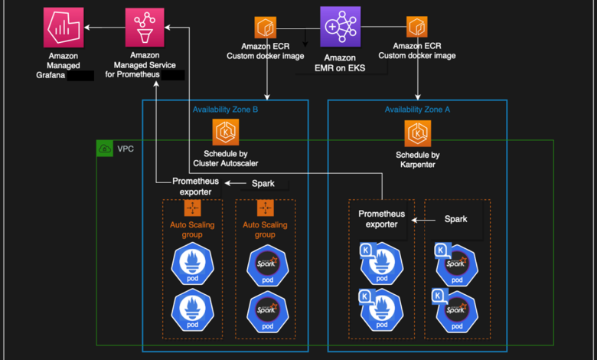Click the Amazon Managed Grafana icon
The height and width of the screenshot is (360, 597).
click(63, 28)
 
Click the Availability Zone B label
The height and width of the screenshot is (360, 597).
click(225, 110)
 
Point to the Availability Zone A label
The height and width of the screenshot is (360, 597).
click(417, 110)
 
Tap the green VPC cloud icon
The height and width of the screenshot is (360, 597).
click(105, 148)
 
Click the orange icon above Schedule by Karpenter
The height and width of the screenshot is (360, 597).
click(417, 133)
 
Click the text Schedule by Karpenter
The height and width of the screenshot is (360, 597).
click(417, 159)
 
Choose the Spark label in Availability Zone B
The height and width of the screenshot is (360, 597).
click(263, 184)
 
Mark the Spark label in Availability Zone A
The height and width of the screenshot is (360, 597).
click(455, 219)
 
